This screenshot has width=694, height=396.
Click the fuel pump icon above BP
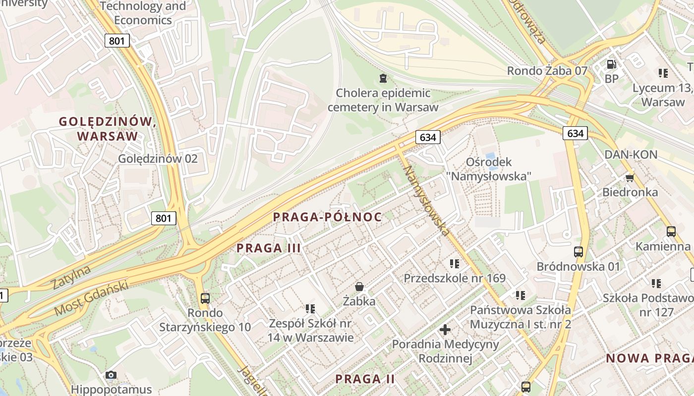pyautogui.click(x=612, y=64)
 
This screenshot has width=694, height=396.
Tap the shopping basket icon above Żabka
pyautogui.click(x=359, y=287)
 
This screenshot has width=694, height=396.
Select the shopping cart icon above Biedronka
pyautogui.click(x=630, y=177)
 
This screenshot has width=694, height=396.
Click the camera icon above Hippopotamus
pyautogui.click(x=111, y=375)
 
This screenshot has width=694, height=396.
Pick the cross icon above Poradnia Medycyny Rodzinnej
pyautogui.click(x=445, y=329)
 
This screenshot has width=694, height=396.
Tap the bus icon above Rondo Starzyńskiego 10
pyautogui.click(x=205, y=298)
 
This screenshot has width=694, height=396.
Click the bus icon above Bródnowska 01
pyautogui.click(x=578, y=251)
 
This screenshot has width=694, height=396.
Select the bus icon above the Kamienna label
pyautogui.click(x=671, y=231)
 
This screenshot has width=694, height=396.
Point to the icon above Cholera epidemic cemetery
pyautogui.click(x=383, y=78)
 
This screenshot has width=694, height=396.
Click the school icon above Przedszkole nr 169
pyautogui.click(x=455, y=264)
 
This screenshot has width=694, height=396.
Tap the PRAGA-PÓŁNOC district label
pyautogui.click(x=328, y=217)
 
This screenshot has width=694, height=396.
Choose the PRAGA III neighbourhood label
pyautogui.click(x=269, y=248)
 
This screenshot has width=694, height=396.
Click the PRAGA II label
pyautogui.click(x=365, y=379)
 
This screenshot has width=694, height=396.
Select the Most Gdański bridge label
pyautogui.click(x=91, y=298)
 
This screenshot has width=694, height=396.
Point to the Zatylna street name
pyautogui.click(x=71, y=277)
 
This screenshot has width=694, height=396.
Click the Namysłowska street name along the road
pyautogui.click(x=426, y=200)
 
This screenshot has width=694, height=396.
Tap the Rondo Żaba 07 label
pyautogui.click(x=547, y=71)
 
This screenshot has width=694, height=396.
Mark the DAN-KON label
pyautogui.click(x=631, y=154)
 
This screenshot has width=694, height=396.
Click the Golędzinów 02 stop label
pyautogui.click(x=158, y=158)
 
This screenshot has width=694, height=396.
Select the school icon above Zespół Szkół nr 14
pyautogui.click(x=311, y=309)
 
